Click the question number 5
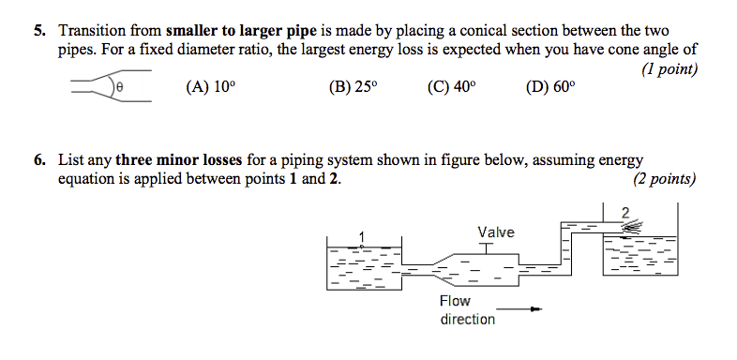point(39,30)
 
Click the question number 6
point(39,160)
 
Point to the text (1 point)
point(669,70)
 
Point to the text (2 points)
point(664,179)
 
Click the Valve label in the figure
point(495,232)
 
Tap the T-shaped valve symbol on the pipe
point(485,247)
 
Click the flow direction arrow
point(520,309)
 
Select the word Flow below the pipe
point(455,301)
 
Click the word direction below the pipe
point(467,319)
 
